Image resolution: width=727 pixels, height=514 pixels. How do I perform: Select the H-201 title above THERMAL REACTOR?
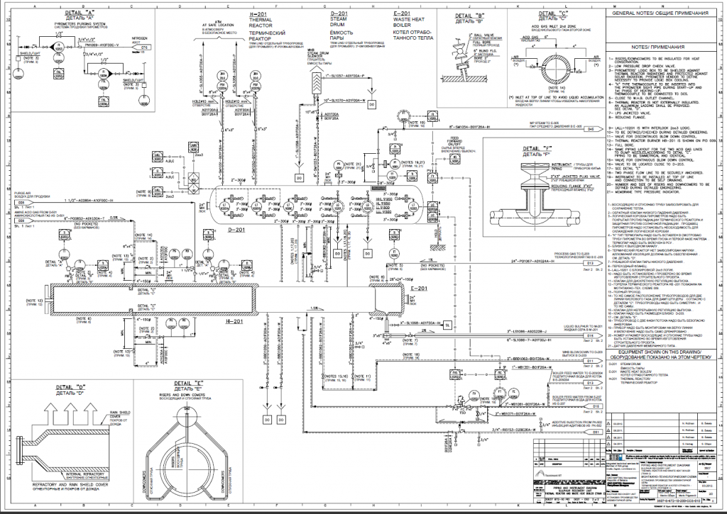tap(260, 14)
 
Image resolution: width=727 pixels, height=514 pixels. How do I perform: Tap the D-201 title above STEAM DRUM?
tap(339, 14)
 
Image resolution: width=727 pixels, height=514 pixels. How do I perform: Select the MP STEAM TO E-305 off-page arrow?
tap(589, 130)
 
